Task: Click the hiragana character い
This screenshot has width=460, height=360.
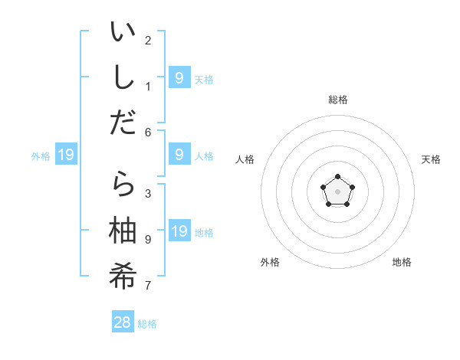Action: pyautogui.click(x=123, y=34)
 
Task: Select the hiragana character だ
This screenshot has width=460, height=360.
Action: pyautogui.click(x=123, y=123)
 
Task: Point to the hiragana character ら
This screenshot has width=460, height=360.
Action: pyautogui.click(x=123, y=185)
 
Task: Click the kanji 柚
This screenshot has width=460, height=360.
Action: pyautogui.click(x=123, y=229)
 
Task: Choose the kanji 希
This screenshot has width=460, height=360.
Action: pyautogui.click(x=123, y=273)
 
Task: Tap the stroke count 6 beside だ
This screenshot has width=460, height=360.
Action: pyautogui.click(x=148, y=132)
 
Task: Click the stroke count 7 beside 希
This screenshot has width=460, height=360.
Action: pyautogui.click(x=148, y=286)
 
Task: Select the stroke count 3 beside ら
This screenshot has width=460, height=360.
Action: pyautogui.click(x=148, y=194)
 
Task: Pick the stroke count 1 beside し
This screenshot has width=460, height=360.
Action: pyautogui.click(x=148, y=86)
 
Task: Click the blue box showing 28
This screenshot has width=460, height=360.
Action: pyautogui.click(x=123, y=322)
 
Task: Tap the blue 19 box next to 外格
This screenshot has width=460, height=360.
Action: pyautogui.click(x=66, y=155)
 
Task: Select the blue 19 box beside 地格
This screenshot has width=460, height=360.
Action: pyautogui.click(x=179, y=231)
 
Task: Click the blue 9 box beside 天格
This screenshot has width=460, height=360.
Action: pyautogui.click(x=179, y=77)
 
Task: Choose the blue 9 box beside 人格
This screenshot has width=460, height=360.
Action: pyautogui.click(x=179, y=155)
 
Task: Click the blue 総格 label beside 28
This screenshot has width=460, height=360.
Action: pyautogui.click(x=147, y=324)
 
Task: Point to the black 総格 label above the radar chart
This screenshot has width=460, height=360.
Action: pyautogui.click(x=337, y=100)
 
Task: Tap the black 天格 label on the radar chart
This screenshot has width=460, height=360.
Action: pyautogui.click(x=431, y=159)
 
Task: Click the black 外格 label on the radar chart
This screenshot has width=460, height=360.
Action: pyautogui.click(x=270, y=262)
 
